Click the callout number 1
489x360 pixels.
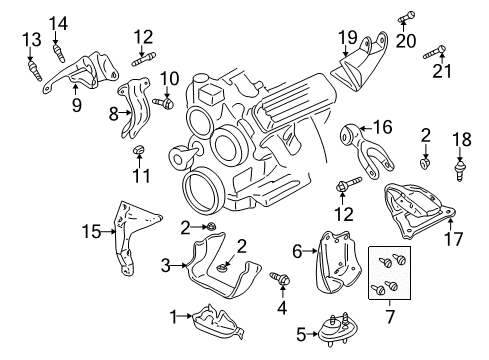click(173, 316)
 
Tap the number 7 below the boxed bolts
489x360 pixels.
click(390, 317)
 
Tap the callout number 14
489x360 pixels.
click(59, 24)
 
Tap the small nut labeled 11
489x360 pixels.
click(139, 151)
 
